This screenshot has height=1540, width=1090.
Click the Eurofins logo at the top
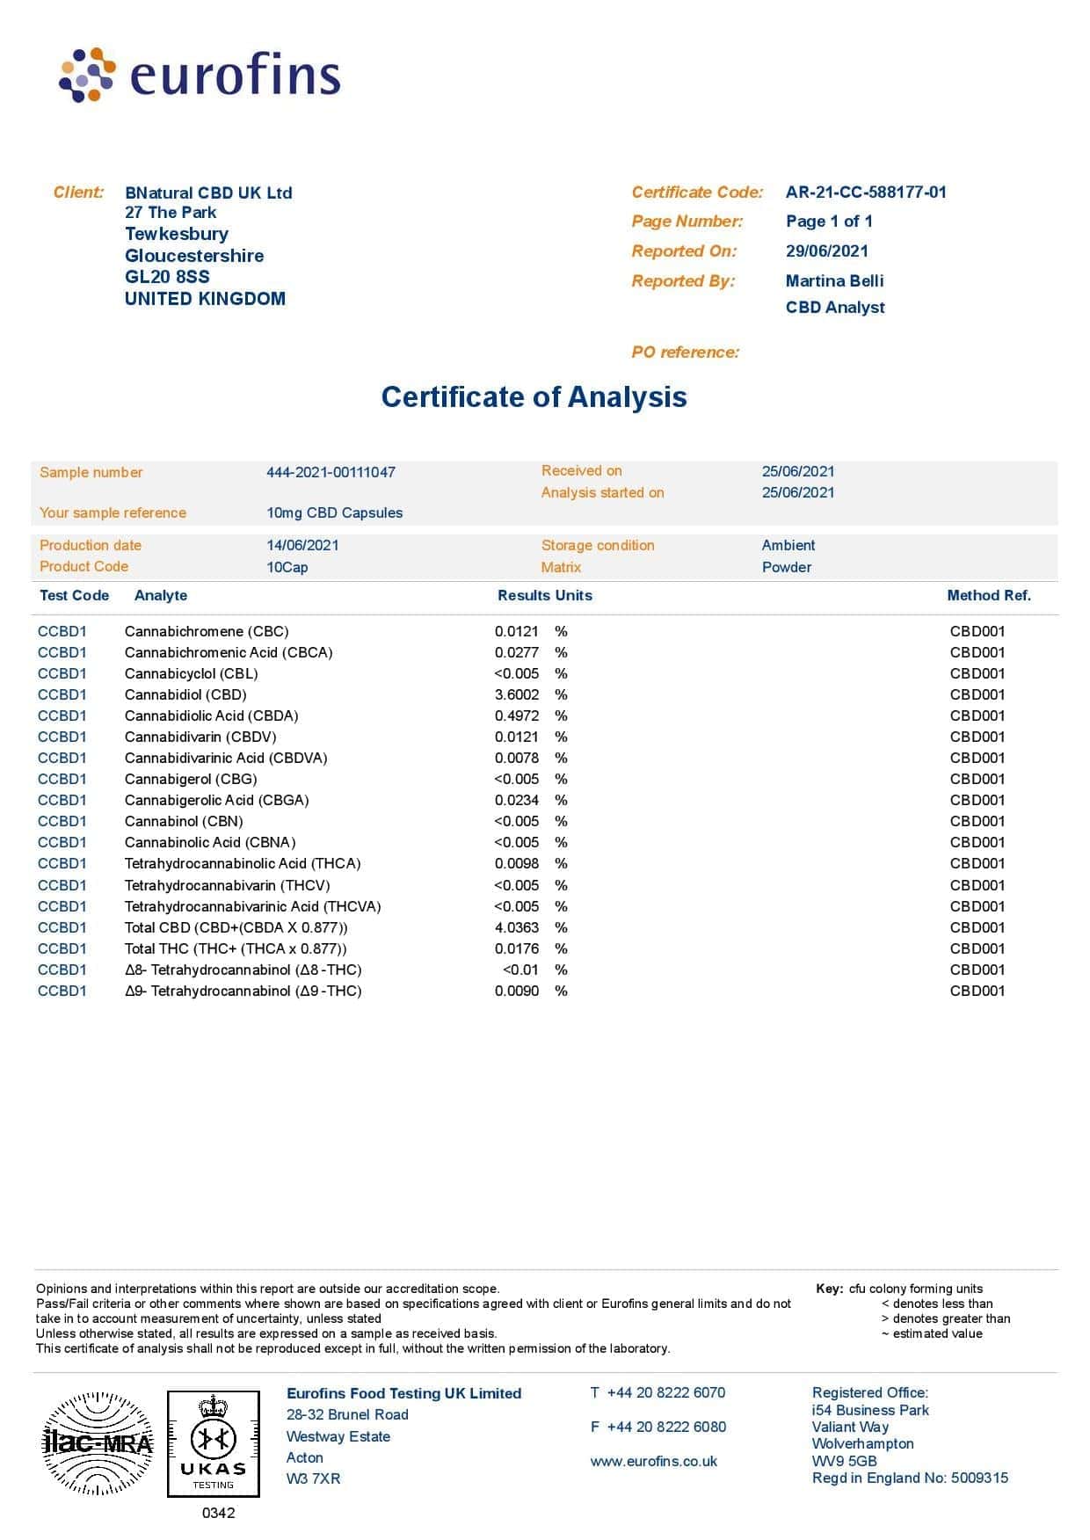click(200, 76)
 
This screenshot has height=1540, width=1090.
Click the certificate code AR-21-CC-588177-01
click(866, 192)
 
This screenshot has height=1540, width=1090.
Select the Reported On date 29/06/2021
click(826, 251)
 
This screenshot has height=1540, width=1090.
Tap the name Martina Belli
click(834, 281)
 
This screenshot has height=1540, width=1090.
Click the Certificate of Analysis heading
click(534, 397)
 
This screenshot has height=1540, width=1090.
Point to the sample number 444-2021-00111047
click(331, 473)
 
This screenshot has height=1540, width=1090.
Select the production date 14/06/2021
click(302, 546)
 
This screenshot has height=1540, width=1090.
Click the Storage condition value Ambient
click(788, 546)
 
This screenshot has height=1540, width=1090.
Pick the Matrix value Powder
click(786, 568)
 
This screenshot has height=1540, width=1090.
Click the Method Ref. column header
click(988, 596)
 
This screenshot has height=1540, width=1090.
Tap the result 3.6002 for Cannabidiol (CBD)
click(517, 695)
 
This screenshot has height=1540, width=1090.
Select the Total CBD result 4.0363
click(517, 928)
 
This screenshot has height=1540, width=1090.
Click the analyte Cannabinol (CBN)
click(184, 822)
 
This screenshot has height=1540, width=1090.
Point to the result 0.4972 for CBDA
click(517, 716)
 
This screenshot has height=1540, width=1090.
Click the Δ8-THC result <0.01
click(520, 970)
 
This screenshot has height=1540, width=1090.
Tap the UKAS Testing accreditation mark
click(214, 1443)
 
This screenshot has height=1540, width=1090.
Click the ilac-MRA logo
click(98, 1443)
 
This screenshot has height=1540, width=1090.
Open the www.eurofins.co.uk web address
click(653, 1462)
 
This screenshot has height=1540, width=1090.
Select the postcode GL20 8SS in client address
click(167, 277)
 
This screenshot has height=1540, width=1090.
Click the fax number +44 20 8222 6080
click(666, 1427)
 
